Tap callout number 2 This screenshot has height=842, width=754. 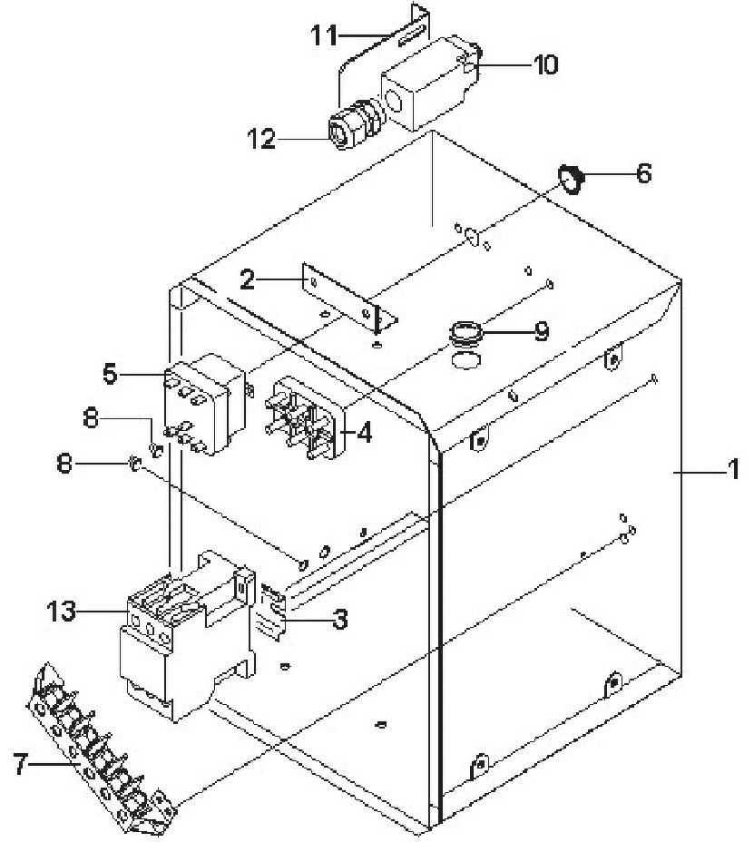247,279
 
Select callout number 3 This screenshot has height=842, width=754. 340,619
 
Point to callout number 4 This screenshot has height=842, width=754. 364,432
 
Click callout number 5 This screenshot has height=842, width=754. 110,373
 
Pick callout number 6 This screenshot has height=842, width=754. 643,173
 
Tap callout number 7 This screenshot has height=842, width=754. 20,764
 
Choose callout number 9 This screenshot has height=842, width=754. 542,331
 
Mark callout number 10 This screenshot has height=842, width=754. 545,64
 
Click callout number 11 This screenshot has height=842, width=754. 324,35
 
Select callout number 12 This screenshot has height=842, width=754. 261,139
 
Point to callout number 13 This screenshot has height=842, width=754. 61,612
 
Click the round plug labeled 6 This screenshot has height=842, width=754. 570,179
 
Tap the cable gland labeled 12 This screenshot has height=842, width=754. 355,124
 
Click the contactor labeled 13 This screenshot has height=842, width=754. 185,633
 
